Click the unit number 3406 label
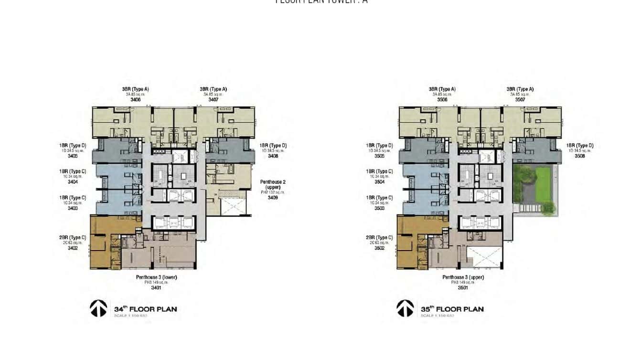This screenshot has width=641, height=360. pyautogui.click(x=135, y=100)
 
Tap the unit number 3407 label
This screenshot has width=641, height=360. pyautogui.click(x=213, y=100)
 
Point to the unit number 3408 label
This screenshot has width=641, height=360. pyautogui.click(x=273, y=156)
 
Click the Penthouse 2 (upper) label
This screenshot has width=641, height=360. pyautogui.click(x=273, y=185)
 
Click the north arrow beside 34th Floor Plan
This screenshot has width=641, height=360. pyautogui.click(x=98, y=308)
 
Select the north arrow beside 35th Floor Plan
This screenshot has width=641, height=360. pyautogui.click(x=405, y=308)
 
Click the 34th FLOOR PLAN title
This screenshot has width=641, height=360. pyautogui.click(x=145, y=309)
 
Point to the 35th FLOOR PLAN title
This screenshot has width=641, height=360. pyautogui.click(x=452, y=309)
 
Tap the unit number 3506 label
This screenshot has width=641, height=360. pyautogui.click(x=442, y=100)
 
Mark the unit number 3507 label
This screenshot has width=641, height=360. pyautogui.click(x=520, y=100)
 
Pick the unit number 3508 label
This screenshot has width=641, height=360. pyautogui.click(x=579, y=156)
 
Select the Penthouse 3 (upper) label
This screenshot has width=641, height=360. pyautogui.click(x=463, y=277)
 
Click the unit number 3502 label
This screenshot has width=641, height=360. pyautogui.click(x=379, y=248)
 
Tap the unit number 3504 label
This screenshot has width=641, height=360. pyautogui.click(x=379, y=182)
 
